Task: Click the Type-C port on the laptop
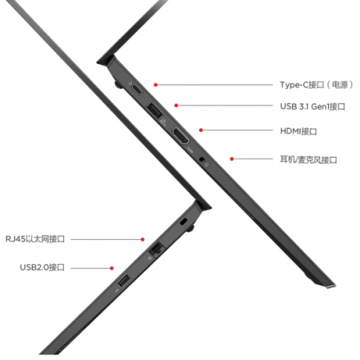[137, 90]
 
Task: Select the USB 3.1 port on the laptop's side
[154, 110]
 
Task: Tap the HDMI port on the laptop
[181, 135]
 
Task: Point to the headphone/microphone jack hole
[202, 159]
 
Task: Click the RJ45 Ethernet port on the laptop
[157, 249]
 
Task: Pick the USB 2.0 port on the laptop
[124, 281]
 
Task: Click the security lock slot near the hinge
[183, 222]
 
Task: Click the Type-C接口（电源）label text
[316, 85]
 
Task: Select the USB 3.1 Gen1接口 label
[313, 106]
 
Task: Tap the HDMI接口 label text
[298, 131]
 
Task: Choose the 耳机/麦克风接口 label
[308, 159]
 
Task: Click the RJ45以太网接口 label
[35, 238]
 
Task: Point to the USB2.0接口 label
[42, 267]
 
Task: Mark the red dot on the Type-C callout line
[156, 85]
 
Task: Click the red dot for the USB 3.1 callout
[176, 106]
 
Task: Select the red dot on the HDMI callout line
[201, 130]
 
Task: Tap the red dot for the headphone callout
[232, 159]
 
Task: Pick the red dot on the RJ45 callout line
[142, 239]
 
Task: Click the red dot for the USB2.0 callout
[112, 268]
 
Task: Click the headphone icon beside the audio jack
[206, 165]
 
